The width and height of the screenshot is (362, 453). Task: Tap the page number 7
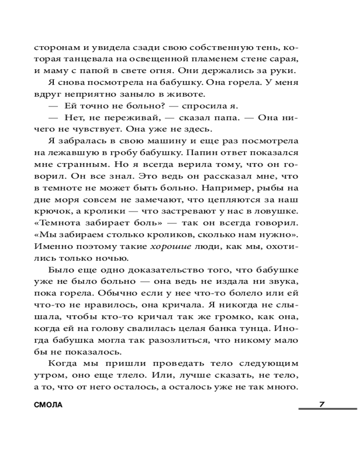tap(322, 405)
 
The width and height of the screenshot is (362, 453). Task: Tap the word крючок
tap(49, 212)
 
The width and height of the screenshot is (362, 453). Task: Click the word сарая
tap(287, 59)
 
